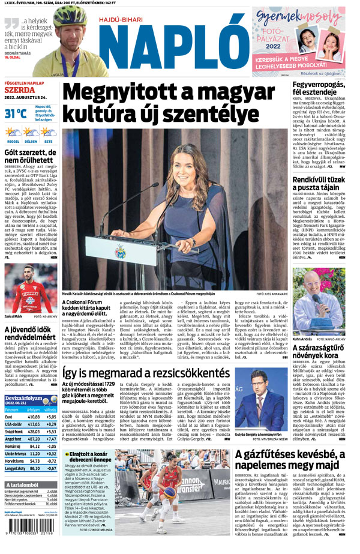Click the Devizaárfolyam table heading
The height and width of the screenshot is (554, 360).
(x=24, y=398)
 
